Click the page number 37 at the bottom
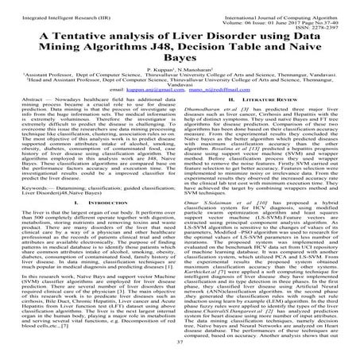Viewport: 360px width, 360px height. (180, 350)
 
